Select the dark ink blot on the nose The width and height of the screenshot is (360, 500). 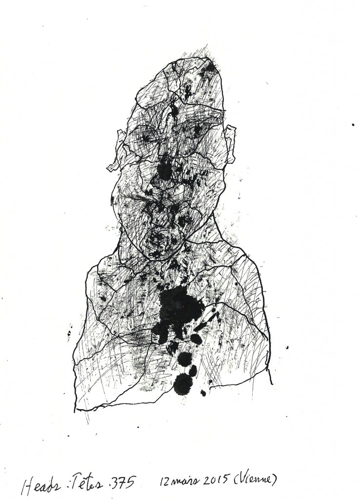[x=165, y=168]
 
